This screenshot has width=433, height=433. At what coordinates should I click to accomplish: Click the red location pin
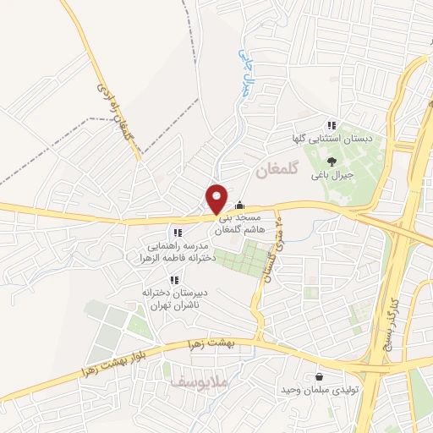217,198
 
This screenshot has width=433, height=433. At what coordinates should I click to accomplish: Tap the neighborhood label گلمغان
277,169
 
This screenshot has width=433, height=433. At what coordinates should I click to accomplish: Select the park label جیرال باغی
331,175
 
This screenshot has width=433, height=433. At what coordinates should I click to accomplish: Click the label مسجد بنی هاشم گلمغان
239,224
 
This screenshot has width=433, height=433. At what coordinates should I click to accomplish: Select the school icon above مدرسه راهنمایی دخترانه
177,232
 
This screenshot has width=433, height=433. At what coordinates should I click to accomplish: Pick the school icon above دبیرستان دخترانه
174,280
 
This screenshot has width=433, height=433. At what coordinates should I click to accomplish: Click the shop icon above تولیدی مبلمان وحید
319,377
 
